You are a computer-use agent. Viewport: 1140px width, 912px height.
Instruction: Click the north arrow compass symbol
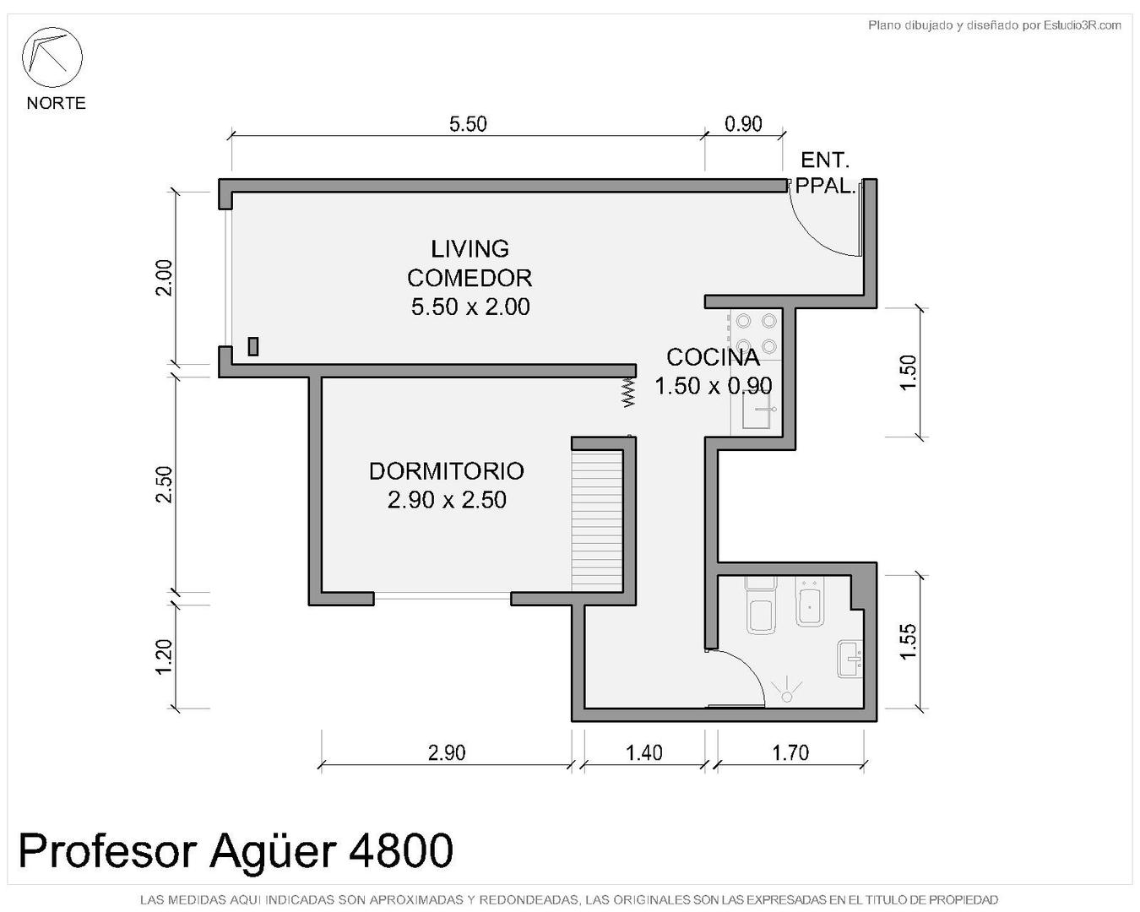click(52, 57)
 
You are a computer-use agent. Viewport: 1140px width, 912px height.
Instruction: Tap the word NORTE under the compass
click(56, 103)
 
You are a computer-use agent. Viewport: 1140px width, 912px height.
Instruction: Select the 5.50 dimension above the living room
click(468, 124)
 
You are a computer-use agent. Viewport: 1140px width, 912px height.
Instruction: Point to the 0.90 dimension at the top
click(743, 124)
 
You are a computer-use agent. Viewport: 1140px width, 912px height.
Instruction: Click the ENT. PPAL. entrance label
click(825, 173)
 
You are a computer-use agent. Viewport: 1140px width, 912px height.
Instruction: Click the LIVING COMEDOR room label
click(470, 263)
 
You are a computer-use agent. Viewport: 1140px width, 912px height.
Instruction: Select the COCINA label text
click(713, 357)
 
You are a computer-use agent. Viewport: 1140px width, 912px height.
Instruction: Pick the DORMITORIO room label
click(447, 471)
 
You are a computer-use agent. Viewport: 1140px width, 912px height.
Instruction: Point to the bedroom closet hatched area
click(596, 521)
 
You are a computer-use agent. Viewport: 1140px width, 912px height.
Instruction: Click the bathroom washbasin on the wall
click(850, 660)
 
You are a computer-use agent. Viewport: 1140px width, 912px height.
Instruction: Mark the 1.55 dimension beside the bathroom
click(908, 642)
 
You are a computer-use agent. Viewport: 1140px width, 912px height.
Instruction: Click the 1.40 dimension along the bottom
click(643, 752)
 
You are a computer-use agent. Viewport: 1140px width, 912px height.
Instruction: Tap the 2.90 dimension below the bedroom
click(447, 752)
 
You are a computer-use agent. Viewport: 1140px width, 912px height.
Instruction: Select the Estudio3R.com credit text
click(1083, 24)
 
